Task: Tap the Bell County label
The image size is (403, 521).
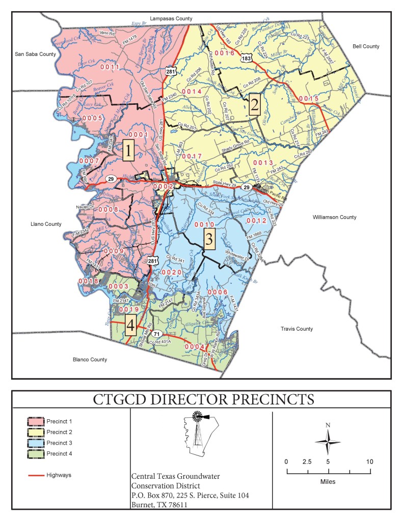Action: click(x=366, y=46)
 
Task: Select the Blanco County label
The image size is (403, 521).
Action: click(x=90, y=359)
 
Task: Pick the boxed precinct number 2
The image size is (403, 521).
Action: click(x=254, y=105)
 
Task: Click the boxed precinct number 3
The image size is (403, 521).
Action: click(x=209, y=239)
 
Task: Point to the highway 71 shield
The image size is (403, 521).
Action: click(x=158, y=334)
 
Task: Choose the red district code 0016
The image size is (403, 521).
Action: click(x=224, y=53)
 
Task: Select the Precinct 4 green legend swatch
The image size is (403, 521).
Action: click(x=35, y=453)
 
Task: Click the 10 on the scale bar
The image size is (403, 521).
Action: click(x=369, y=461)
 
